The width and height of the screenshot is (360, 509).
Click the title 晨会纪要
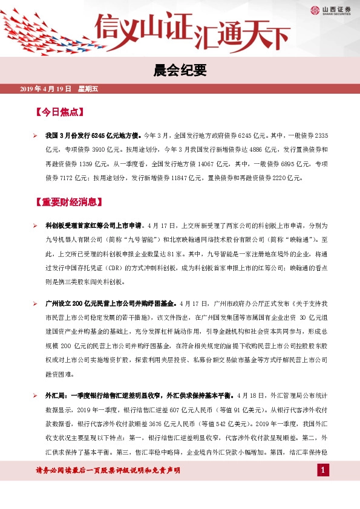pyautogui.click(x=180, y=71)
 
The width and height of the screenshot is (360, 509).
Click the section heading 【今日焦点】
pyautogui.click(x=59, y=112)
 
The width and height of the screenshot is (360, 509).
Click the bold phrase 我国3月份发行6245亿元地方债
pyautogui.click(x=93, y=135)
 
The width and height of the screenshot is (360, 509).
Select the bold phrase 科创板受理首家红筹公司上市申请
pyautogui.click(x=93, y=225)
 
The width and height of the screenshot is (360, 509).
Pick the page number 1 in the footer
pyautogui.click(x=323, y=470)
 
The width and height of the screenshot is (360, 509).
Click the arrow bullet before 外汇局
pyautogui.click(x=36, y=394)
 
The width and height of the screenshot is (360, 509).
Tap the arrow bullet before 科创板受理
pyautogui.click(x=36, y=225)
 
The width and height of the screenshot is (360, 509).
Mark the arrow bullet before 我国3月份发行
pyautogui.click(x=36, y=135)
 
